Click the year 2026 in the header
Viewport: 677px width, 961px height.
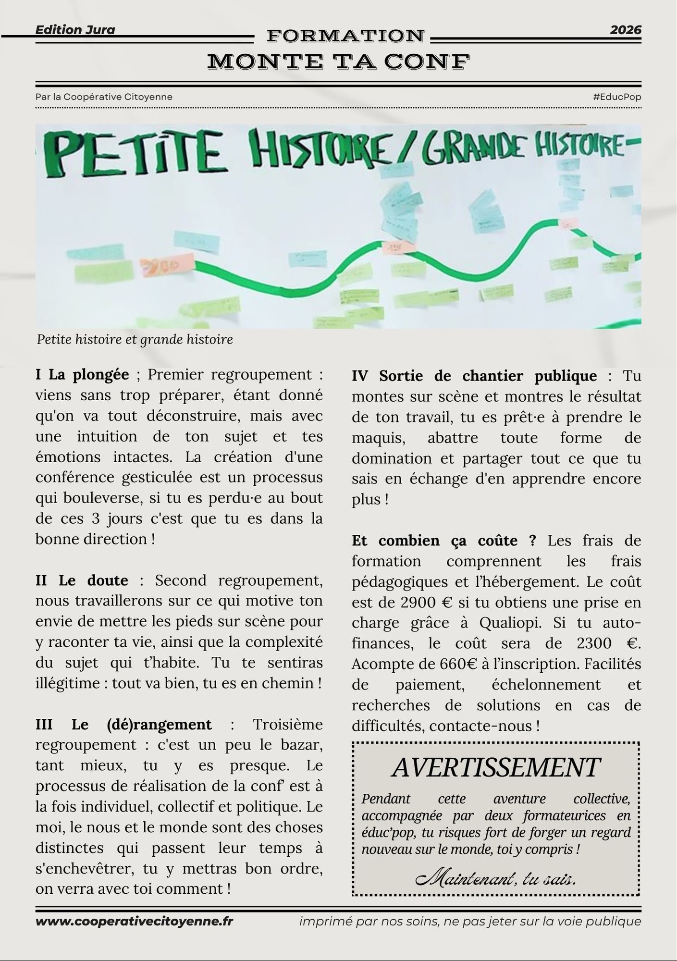click(x=626, y=30)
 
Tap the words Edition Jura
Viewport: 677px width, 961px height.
click(x=75, y=30)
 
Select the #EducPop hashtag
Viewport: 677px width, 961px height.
click(x=617, y=97)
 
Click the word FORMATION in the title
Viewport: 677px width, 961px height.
click(x=345, y=36)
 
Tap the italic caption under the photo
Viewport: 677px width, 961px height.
click(x=135, y=340)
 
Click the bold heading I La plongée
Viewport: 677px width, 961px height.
click(x=82, y=374)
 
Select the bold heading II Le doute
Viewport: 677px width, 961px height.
click(x=82, y=580)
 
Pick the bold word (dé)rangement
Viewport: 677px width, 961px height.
click(x=159, y=724)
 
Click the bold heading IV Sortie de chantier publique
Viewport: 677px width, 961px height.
click(x=474, y=376)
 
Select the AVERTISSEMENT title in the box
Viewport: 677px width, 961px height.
click(x=495, y=767)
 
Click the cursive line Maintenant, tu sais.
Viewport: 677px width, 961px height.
click(x=495, y=880)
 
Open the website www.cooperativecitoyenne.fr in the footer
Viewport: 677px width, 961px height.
click(x=134, y=921)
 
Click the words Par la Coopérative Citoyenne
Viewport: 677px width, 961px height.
click(x=104, y=97)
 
